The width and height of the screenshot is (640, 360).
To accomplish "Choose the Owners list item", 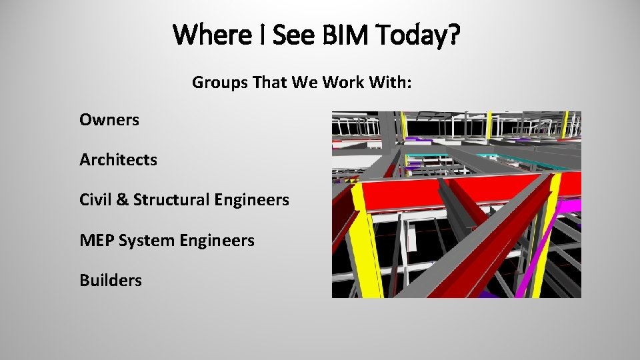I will tap(109, 120).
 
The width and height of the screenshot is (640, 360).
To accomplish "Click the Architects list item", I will tap(118, 160).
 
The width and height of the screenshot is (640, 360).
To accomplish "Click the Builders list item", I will tap(111, 280).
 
